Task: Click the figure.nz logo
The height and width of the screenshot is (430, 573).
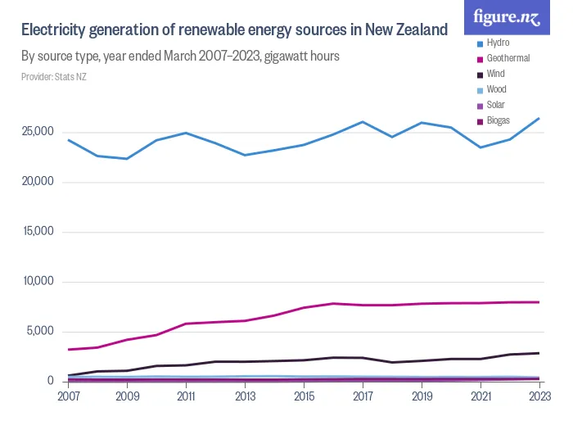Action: tap(508, 17)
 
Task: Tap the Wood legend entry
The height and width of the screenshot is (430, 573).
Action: tap(496, 89)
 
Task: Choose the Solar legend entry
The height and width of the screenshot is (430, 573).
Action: tap(495, 105)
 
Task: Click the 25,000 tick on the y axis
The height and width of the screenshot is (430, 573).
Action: tap(38, 132)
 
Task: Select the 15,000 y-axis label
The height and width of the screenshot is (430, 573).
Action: tap(38, 232)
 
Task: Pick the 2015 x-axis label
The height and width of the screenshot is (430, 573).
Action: tap(303, 396)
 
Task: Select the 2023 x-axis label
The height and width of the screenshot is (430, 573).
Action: tap(538, 396)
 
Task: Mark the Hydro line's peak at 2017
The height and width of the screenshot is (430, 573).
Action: tap(363, 122)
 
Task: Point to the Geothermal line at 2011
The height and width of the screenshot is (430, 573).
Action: tap(186, 324)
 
